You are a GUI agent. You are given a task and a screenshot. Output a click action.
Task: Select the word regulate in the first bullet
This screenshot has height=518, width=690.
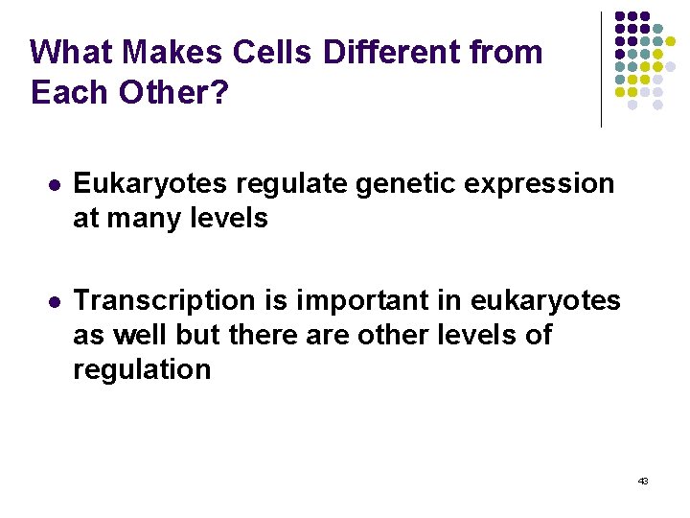click(280, 183)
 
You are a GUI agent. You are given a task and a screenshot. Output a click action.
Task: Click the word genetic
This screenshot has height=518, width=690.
click(390, 184)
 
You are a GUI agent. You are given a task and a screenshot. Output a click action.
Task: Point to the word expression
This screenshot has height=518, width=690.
click(533, 184)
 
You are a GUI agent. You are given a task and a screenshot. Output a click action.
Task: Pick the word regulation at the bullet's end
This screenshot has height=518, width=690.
click(142, 371)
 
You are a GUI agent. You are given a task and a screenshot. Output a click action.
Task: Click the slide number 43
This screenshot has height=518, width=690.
click(642, 480)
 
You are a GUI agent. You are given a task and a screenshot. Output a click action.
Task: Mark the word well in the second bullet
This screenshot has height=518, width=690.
click(144, 336)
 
